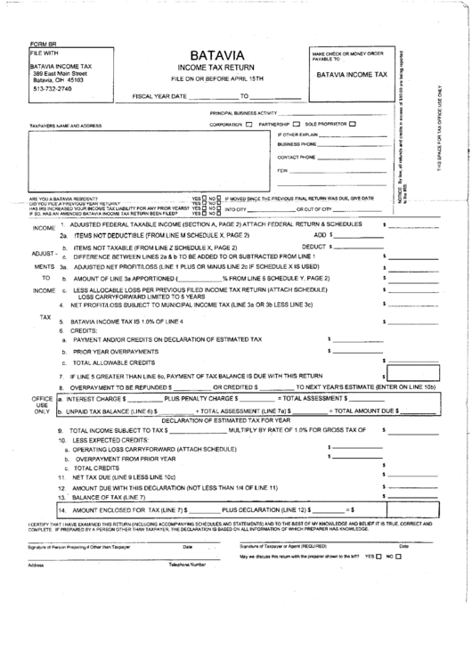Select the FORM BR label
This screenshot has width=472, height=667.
(43, 45)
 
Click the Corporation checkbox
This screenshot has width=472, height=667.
(248, 124)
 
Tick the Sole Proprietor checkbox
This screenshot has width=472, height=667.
(353, 124)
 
